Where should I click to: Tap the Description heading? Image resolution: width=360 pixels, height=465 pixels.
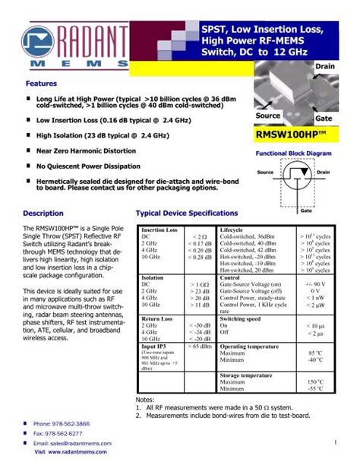pyautogui.click(x=43, y=214)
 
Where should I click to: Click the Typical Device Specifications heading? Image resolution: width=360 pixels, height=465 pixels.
pyautogui.click(x=186, y=214)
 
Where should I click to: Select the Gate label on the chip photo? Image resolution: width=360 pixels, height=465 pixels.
pyautogui.click(x=323, y=119)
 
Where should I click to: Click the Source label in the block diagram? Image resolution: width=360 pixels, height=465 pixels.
pyautogui.click(x=265, y=172)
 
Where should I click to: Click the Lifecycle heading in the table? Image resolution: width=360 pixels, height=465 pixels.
pyautogui.click(x=231, y=229)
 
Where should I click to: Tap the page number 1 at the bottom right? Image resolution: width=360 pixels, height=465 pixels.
pyautogui.click(x=333, y=442)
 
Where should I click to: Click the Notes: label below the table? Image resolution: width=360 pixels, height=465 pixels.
pyautogui.click(x=144, y=399)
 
